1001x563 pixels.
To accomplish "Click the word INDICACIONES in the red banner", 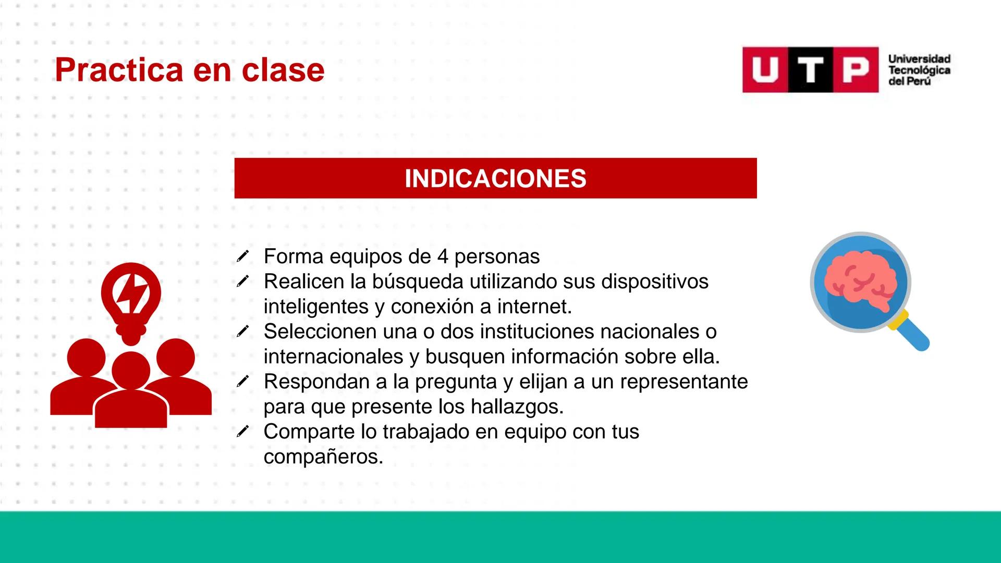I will [x=495, y=178].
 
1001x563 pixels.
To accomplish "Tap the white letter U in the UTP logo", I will [x=765, y=70].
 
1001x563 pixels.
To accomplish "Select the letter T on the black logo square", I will [x=811, y=70].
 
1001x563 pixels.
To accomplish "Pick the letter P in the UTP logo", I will [x=856, y=70].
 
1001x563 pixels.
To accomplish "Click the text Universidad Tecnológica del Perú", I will [x=919, y=70].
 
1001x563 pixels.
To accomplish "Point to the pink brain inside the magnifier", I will [x=861, y=281].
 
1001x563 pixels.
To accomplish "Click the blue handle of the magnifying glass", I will [x=914, y=334].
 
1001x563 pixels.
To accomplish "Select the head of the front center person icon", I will [x=131, y=370].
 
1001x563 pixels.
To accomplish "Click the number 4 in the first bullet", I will [x=443, y=256].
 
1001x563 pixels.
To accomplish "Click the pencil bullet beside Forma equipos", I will [x=242, y=256].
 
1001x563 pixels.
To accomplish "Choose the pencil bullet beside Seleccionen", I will [x=242, y=331].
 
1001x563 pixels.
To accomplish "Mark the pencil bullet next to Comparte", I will [x=242, y=431].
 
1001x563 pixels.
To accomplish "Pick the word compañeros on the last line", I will [x=323, y=457].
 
